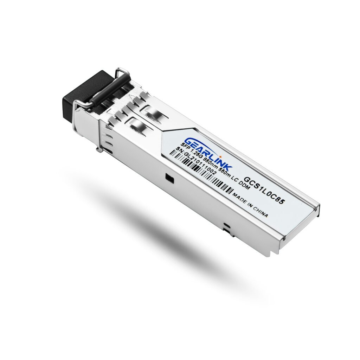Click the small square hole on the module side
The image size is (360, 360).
click(169, 178)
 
